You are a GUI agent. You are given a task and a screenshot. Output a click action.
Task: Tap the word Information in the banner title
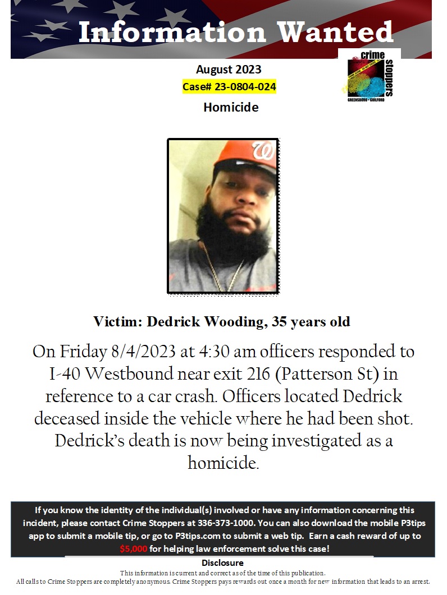pyautogui.click(x=172, y=32)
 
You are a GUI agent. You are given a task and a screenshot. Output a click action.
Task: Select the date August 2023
pyautogui.click(x=229, y=70)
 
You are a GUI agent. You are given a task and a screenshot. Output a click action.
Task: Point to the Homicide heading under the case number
pyautogui.click(x=231, y=107)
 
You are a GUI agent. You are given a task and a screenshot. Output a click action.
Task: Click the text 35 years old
pyautogui.click(x=311, y=322)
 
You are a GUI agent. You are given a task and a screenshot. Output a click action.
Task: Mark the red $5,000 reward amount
pyautogui.click(x=134, y=549)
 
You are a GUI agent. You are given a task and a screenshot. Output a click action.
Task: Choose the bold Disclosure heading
pyautogui.click(x=222, y=562)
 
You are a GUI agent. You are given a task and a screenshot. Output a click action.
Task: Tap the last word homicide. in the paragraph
pyautogui.click(x=223, y=463)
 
